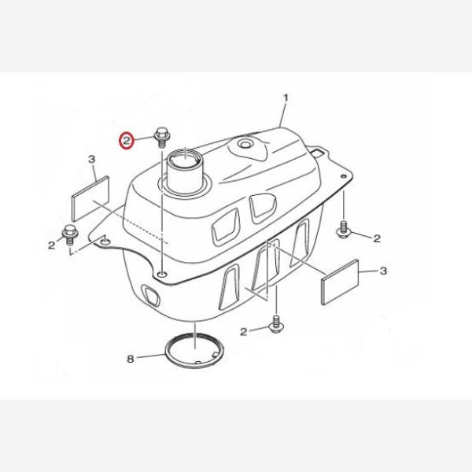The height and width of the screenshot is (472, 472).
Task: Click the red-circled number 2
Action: tap(127, 140)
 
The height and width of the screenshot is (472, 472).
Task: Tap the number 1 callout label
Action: tap(286, 98)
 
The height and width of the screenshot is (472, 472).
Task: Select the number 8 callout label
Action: tap(130, 359)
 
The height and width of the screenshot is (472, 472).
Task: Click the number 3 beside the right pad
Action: tap(383, 271)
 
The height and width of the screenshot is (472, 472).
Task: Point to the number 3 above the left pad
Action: tap(92, 159)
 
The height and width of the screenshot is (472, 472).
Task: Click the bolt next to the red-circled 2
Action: tap(161, 137)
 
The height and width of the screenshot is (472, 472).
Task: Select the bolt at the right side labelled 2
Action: tap(343, 230)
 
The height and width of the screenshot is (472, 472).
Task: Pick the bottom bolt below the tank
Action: tap(276, 324)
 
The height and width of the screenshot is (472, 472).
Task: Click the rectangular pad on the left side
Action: tap(90, 198)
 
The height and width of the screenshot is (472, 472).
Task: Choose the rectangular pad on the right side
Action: tap(341, 282)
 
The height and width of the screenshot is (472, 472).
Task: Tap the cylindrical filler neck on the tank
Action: tap(186, 171)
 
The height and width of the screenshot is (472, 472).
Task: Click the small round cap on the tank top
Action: tap(244, 144)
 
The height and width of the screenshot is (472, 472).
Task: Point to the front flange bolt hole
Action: tap(163, 275)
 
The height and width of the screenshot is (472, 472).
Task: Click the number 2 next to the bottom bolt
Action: tap(243, 332)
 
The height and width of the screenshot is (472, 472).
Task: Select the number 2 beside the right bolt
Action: tap(377, 238)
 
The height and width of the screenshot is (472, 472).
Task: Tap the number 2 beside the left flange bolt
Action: tap(51, 245)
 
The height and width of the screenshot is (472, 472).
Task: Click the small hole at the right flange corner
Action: tap(343, 176)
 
